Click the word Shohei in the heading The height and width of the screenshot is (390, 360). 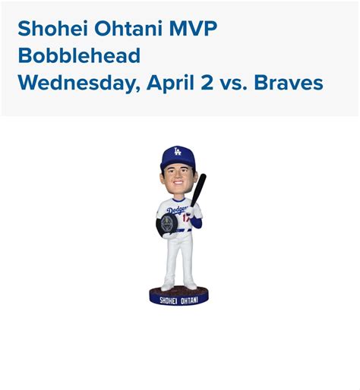tap(46, 30)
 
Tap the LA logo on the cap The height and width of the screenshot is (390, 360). tap(176, 153)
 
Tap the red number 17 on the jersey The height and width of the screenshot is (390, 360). tap(185, 220)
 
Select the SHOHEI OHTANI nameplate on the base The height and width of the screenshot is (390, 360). tap(176, 297)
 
